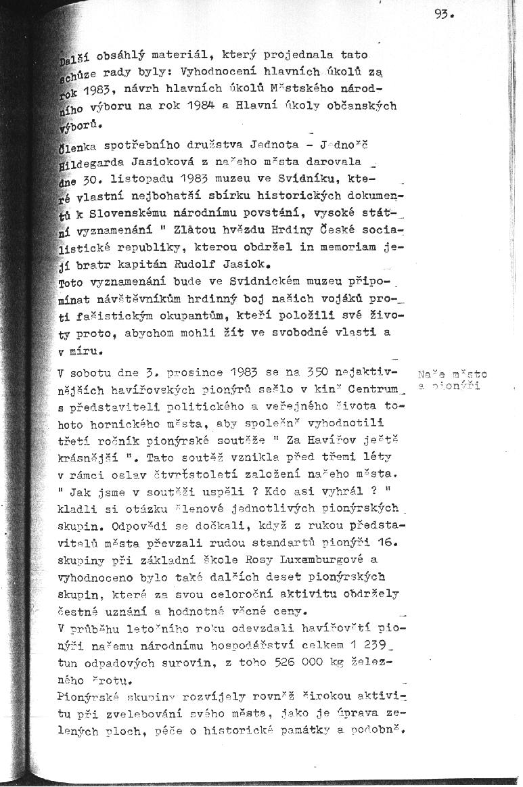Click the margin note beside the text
(x=452, y=380)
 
